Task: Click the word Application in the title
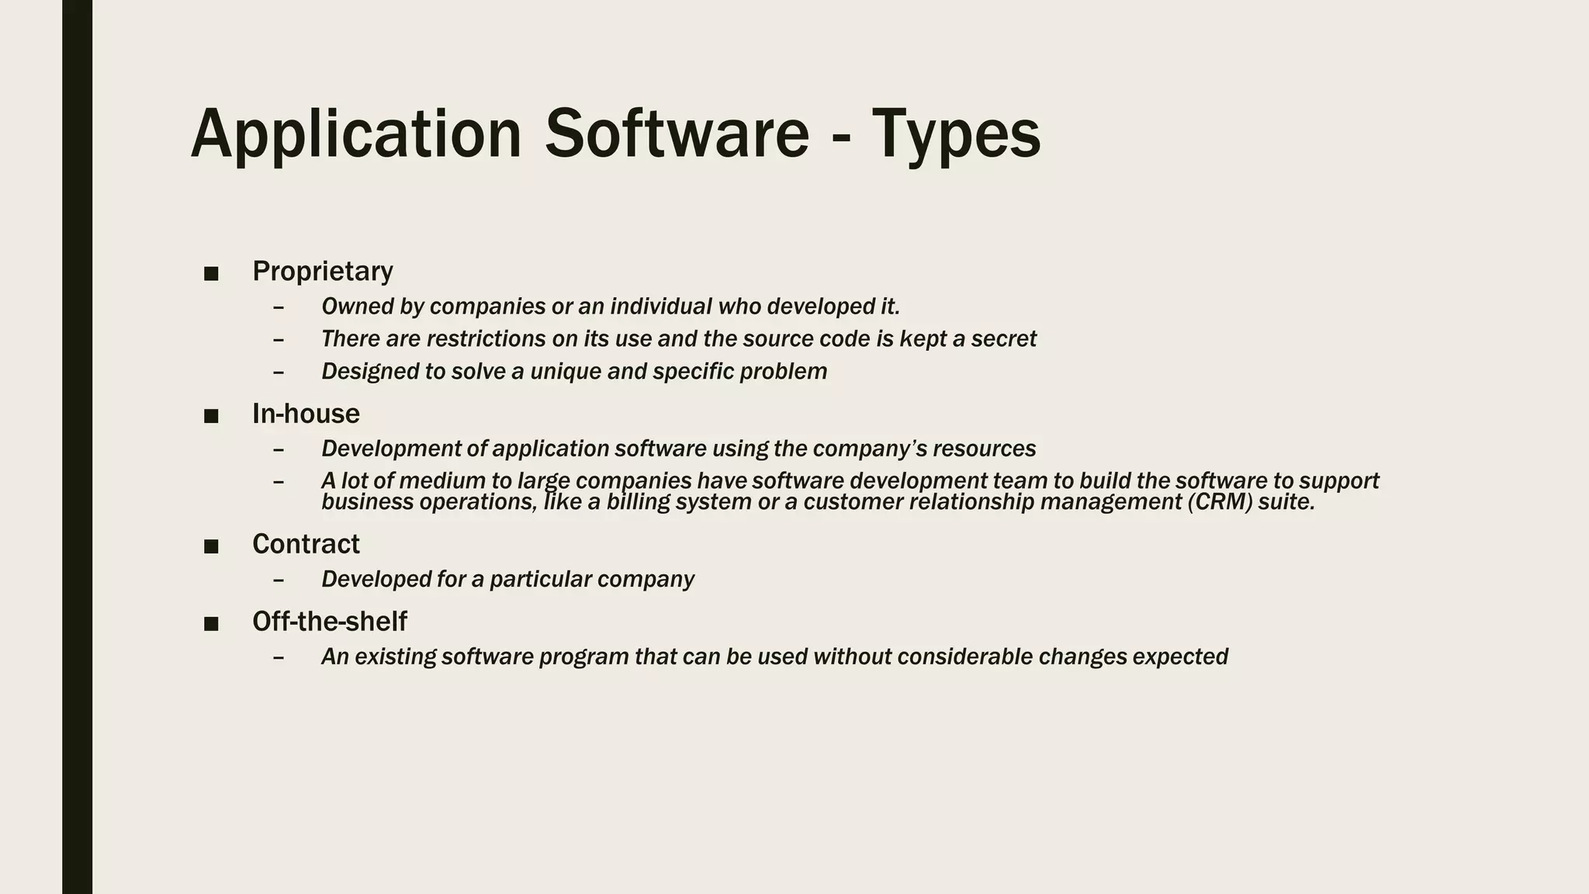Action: [356, 134]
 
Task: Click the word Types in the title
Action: [956, 134]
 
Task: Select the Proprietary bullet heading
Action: [323, 271]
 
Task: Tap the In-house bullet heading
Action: [306, 414]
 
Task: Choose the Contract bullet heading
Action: [306, 544]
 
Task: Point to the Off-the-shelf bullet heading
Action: [329, 621]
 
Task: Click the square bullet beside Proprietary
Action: [211, 273]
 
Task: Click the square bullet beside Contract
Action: [211, 546]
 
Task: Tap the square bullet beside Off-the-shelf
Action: [211, 623]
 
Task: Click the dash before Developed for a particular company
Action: [279, 580]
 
